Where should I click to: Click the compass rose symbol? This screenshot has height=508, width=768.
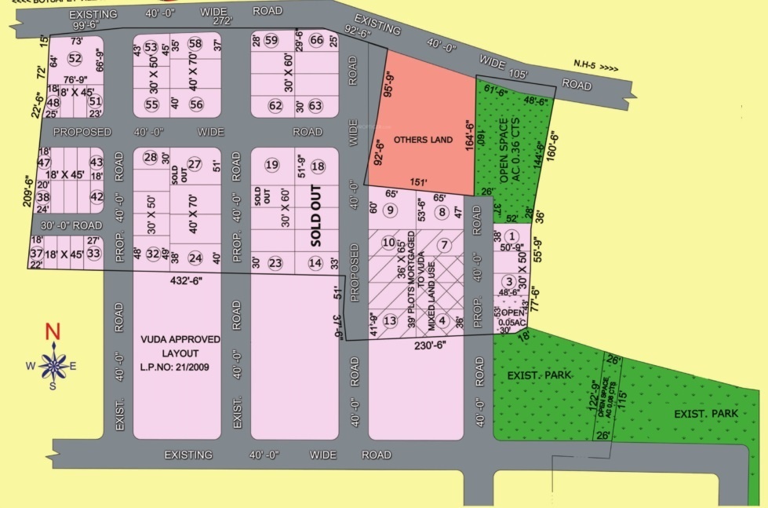click(53, 364)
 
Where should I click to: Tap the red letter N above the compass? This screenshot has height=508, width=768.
click(53, 331)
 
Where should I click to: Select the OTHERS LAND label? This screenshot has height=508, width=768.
click(424, 140)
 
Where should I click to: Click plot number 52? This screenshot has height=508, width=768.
click(75, 58)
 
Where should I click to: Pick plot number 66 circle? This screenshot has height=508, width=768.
click(317, 41)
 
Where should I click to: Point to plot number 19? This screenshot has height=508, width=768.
click(272, 165)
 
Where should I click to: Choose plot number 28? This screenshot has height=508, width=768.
click(151, 157)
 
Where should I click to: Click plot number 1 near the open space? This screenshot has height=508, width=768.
click(511, 236)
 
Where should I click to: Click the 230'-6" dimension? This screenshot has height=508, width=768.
click(429, 343)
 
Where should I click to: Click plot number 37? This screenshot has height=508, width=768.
click(36, 254)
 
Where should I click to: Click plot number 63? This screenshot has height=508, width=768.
click(315, 105)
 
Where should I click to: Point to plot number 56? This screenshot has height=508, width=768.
click(196, 104)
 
